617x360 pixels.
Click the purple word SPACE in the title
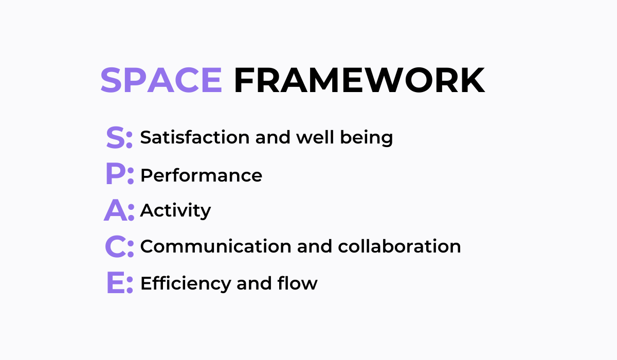click(161, 80)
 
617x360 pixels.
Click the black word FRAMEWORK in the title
click(359, 80)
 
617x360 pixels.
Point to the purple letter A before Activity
click(116, 210)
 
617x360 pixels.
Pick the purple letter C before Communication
click(115, 246)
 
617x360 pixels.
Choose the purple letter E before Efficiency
click(116, 282)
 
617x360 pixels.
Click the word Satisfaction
click(195, 137)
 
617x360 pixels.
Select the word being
click(366, 138)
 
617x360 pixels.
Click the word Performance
click(202, 175)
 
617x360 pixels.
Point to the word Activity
click(175, 211)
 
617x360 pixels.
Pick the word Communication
click(215, 246)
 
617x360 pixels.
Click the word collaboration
click(400, 246)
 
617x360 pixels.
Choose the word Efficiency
click(186, 284)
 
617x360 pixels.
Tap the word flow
click(298, 283)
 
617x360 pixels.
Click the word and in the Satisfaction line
click(273, 137)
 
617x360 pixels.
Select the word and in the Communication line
click(315, 246)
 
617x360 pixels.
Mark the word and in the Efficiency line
click(254, 283)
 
